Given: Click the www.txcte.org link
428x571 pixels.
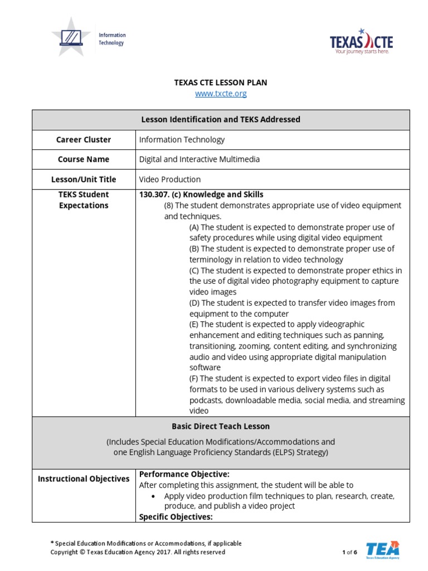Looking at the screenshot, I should click(x=221, y=94).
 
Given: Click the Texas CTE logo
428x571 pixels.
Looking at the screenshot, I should click(x=361, y=42).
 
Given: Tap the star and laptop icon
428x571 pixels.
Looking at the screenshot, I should click(x=71, y=36).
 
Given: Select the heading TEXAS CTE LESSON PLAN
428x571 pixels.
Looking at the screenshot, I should click(x=221, y=83).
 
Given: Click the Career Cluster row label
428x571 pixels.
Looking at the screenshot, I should click(x=84, y=140).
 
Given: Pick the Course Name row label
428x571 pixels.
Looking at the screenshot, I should click(x=84, y=159).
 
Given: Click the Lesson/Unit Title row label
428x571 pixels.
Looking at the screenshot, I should click(x=84, y=180).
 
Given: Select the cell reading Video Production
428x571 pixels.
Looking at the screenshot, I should click(x=170, y=180).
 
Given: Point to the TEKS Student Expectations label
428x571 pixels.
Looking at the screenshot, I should click(x=84, y=200).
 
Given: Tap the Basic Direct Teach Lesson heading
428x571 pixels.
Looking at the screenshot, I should click(x=221, y=427).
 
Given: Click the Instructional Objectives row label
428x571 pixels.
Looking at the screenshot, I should click(x=84, y=479).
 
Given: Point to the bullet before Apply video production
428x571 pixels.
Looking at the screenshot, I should click(x=153, y=496).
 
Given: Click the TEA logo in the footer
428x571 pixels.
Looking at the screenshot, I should click(x=382, y=549).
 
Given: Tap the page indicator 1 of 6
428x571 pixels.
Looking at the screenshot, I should click(x=349, y=553).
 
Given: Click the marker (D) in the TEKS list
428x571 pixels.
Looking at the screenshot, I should click(x=194, y=303).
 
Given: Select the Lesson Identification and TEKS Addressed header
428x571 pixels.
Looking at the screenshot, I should click(x=221, y=119).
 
